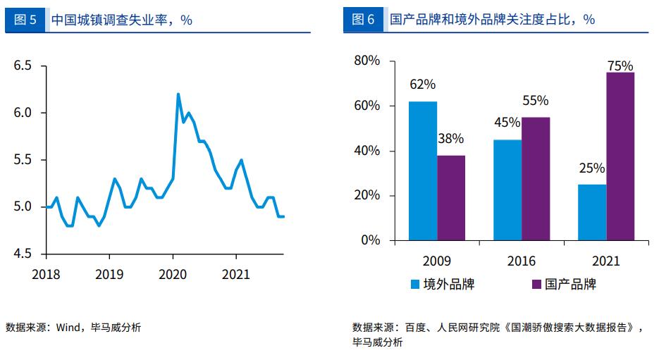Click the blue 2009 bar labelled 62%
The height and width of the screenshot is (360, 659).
[423, 171]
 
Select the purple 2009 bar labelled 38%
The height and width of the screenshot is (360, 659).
[451, 198]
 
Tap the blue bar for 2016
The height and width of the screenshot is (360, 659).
[507, 190]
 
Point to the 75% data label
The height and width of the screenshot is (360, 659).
[620, 66]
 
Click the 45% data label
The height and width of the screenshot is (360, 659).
[507, 123]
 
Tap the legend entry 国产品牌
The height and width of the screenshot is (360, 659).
[563, 284]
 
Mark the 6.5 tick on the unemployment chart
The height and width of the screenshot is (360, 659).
[23, 66]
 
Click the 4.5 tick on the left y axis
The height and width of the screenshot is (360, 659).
[23, 254]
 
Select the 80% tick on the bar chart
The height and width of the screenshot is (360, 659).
[367, 61]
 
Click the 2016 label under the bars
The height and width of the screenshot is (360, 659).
[522, 261]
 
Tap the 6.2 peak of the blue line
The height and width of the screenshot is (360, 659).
[178, 94]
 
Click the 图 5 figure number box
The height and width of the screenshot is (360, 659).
[25, 20]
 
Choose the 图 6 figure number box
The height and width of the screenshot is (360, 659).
[363, 20]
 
